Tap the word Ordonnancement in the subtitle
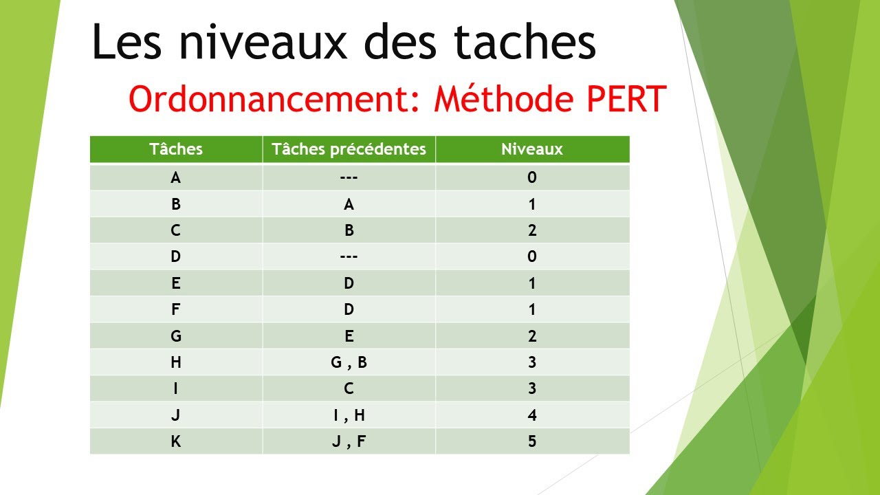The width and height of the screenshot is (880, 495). [275, 100]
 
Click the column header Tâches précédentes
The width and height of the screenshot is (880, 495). [349, 149]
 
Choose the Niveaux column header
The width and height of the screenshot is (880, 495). [532, 149]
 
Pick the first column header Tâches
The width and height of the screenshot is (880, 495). [176, 149]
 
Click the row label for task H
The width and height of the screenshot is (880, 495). [176, 362]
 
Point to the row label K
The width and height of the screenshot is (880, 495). [176, 441]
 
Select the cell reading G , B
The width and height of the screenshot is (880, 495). [349, 362]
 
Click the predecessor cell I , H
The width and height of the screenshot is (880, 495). [349, 415]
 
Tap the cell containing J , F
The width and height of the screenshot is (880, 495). [349, 441]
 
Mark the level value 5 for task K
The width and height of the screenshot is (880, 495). [532, 441]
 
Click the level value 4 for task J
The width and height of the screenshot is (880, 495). [532, 415]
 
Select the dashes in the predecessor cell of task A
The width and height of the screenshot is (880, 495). [349, 178]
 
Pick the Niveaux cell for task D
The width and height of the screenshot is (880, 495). [532, 257]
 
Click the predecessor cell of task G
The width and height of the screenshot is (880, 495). [349, 336]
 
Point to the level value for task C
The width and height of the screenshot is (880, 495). [532, 230]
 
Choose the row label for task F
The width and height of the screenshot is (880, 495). [176, 309]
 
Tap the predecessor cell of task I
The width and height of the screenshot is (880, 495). [349, 388]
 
